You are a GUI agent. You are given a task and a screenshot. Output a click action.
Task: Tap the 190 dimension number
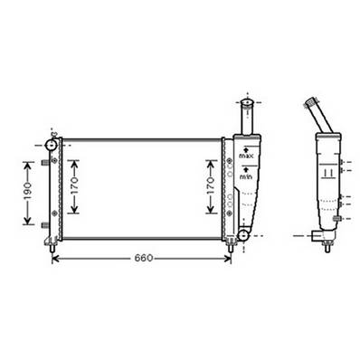pyautogui.click(x=28, y=193)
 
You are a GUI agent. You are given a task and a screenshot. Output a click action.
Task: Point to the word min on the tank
pyautogui.click(x=245, y=177)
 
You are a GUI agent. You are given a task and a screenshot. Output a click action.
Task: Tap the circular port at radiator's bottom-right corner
pyautogui.click(x=242, y=237)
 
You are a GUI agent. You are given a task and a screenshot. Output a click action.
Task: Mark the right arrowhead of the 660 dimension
pyautogui.click(x=229, y=259)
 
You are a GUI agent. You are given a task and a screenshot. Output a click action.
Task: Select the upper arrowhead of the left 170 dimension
pyautogui.click(x=76, y=160)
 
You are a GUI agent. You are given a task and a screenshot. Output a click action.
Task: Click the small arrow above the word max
pyautogui.click(x=246, y=147)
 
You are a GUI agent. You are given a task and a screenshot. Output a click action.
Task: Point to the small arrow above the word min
pyautogui.click(x=245, y=168)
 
